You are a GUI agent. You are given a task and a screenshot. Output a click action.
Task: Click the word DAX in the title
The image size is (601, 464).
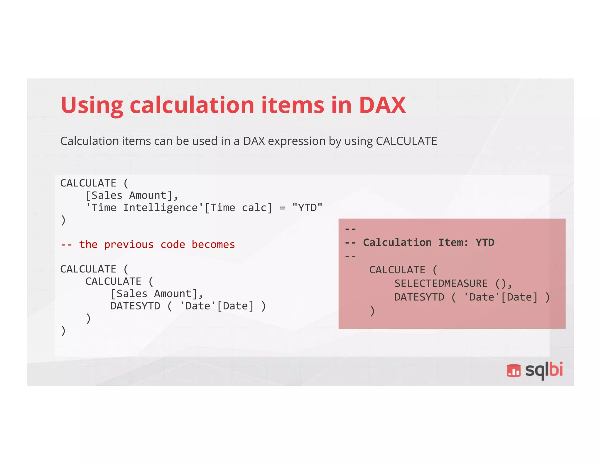[382, 105]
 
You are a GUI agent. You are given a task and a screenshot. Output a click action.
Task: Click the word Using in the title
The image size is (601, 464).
[92, 106]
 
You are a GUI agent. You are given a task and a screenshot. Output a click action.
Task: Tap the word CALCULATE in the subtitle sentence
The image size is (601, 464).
[406, 141]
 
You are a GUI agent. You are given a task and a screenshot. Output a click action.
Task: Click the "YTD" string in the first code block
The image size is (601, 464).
[307, 208]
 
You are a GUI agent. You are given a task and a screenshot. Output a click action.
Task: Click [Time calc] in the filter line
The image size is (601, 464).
[238, 208]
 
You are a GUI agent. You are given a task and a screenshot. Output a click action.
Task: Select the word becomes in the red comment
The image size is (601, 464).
[213, 245]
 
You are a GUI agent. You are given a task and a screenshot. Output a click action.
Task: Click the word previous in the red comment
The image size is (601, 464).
[129, 245]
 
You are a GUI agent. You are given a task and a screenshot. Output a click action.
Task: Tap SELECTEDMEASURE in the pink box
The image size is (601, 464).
[441, 284]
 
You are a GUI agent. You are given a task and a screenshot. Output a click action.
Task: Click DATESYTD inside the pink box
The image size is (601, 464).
[419, 297]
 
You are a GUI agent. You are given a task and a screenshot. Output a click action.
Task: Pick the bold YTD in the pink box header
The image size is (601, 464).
[485, 243]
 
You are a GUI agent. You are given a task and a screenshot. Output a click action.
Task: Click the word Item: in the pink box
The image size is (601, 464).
[453, 243]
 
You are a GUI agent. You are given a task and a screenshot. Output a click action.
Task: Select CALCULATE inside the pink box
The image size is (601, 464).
[397, 270]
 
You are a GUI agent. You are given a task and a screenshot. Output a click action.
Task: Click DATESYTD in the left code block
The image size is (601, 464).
[135, 306]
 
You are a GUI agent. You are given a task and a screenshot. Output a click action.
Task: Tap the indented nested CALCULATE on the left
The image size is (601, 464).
[113, 282]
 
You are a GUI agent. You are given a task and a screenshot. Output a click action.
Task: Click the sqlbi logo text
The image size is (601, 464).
[544, 370]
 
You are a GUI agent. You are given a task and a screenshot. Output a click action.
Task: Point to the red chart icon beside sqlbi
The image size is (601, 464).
[514, 371]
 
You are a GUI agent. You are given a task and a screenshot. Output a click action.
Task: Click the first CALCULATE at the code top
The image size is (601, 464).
[88, 183]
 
